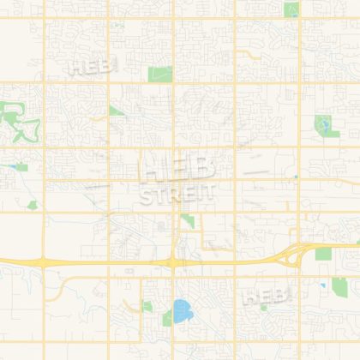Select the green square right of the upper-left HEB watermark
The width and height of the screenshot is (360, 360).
tap(159, 74)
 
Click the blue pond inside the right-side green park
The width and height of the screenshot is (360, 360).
tap(323, 128)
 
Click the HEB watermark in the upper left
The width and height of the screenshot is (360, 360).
tap(88, 65)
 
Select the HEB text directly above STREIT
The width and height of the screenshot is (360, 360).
tap(173, 166)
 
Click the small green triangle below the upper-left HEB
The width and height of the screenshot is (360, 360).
tap(115, 111)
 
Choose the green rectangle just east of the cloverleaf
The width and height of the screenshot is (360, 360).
tap(323, 255)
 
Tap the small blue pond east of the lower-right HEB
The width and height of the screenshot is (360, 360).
tap(323, 285)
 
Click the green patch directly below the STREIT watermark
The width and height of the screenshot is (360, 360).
tap(188, 222)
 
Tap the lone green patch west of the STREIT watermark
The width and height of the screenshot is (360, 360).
tap(33, 205)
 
